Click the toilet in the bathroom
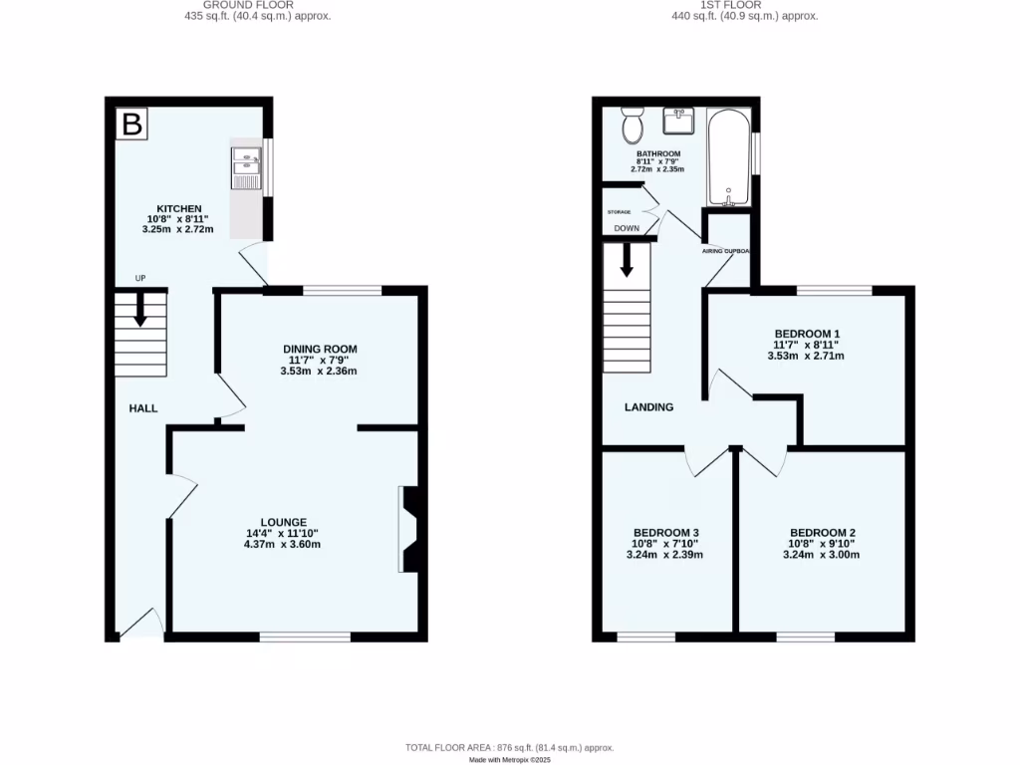pyautogui.click(x=632, y=125)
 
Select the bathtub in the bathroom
pyautogui.click(x=728, y=157)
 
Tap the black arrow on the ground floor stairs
pyautogui.click(x=139, y=310)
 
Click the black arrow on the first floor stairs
pyautogui.click(x=628, y=262)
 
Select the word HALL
pyautogui.click(x=143, y=408)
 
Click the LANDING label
pyautogui.click(x=648, y=406)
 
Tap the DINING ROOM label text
pyautogui.click(x=319, y=349)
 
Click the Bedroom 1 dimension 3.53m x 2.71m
pyautogui.click(x=806, y=356)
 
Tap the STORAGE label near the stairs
pyautogui.click(x=620, y=212)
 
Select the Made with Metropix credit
pyautogui.click(x=509, y=759)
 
